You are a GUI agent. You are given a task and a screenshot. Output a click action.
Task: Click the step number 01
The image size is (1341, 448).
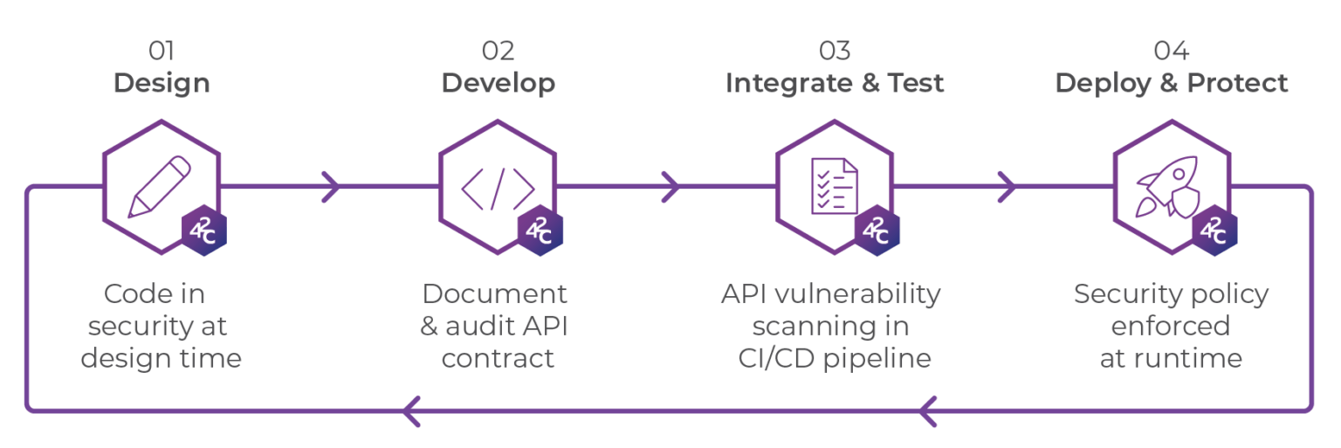pyautogui.click(x=162, y=51)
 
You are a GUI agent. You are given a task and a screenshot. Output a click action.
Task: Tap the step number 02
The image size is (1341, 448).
pyautogui.click(x=498, y=51)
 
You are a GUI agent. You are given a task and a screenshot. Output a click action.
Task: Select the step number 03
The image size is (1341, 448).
pyautogui.click(x=834, y=51)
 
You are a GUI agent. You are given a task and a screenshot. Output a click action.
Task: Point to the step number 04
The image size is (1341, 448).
pyautogui.click(x=1171, y=51)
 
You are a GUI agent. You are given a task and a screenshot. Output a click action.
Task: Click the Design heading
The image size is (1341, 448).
pyautogui.click(x=162, y=83)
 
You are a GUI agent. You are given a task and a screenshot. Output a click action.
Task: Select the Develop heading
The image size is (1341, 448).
pyautogui.click(x=498, y=83)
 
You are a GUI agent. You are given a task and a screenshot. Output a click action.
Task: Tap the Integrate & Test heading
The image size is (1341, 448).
pyautogui.click(x=834, y=83)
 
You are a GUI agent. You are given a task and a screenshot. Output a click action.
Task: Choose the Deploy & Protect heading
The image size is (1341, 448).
pyautogui.click(x=1171, y=83)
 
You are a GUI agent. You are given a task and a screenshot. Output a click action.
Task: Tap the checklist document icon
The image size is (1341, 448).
pyautogui.click(x=831, y=186)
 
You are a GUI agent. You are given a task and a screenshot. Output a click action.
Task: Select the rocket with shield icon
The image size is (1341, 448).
pyautogui.click(x=1168, y=187)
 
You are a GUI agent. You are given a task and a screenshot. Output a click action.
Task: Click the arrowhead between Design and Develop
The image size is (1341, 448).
pyautogui.click(x=331, y=186)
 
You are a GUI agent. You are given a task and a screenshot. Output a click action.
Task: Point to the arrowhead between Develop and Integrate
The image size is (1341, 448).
pyautogui.click(x=670, y=186)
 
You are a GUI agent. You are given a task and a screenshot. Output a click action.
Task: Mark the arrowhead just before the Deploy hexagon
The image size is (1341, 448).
pyautogui.click(x=1007, y=186)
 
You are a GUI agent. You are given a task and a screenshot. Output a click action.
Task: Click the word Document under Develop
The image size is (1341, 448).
pyautogui.click(x=495, y=294)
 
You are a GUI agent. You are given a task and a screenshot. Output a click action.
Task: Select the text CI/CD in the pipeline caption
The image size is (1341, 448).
pyautogui.click(x=767, y=358)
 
